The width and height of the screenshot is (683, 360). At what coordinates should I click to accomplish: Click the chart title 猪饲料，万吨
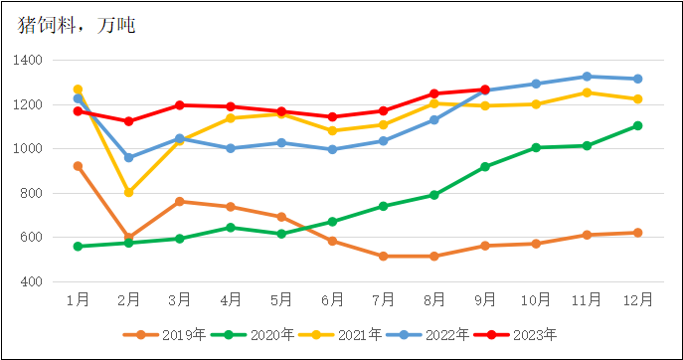tap(78, 25)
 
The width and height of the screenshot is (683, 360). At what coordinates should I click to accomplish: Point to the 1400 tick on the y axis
tap(28, 61)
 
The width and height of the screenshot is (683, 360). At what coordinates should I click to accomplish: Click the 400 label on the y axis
tap(31, 282)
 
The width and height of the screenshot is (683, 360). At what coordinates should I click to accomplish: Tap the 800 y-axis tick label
tap(31, 194)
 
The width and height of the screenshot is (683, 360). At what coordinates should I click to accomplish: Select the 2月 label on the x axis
tap(128, 298)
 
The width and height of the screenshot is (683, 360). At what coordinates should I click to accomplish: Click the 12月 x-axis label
tap(637, 298)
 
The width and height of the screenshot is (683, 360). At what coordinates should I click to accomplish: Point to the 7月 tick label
tap(383, 298)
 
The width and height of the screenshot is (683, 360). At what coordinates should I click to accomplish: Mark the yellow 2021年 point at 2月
tap(128, 192)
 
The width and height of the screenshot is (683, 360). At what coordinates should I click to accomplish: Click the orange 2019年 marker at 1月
tap(78, 166)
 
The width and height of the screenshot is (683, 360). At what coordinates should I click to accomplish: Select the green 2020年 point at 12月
tap(637, 125)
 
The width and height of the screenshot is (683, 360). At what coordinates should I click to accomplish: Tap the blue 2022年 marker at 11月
tap(587, 77)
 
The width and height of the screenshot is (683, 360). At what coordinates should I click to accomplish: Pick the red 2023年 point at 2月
tap(128, 121)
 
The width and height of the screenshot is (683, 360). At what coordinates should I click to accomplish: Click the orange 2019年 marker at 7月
tap(383, 256)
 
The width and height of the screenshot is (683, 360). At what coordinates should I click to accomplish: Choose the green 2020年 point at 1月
tap(78, 247)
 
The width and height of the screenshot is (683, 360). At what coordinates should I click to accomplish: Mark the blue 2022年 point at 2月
tap(128, 157)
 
